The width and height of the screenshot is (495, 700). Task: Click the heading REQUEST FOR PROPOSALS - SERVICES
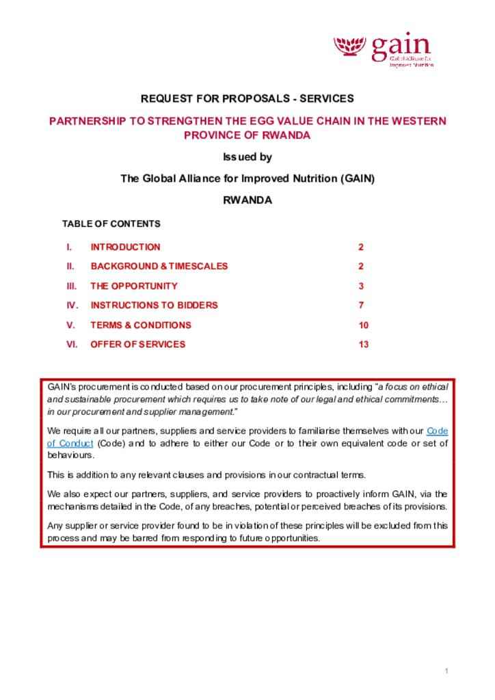247,99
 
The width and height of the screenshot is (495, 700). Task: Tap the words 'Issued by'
247,157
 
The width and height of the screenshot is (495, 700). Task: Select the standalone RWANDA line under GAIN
247,201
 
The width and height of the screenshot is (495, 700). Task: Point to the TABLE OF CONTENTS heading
111,224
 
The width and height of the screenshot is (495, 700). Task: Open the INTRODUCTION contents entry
125,247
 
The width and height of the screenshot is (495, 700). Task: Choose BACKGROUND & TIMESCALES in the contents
159,266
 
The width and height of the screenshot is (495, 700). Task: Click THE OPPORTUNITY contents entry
134,286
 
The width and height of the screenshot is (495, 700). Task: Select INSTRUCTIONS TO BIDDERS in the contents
154,305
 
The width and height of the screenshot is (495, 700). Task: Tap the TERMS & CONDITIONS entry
141,325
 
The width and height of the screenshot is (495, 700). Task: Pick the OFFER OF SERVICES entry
137,345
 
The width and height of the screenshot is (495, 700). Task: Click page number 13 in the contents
363,345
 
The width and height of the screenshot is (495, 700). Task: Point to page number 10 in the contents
363,325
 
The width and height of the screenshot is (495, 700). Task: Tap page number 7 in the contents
360,305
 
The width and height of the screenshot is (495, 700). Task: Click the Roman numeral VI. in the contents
72,345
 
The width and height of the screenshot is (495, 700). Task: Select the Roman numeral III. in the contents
71,286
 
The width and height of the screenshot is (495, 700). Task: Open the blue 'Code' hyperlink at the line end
437,431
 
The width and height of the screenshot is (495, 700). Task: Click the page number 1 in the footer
446,671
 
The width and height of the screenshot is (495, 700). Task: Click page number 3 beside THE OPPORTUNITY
360,286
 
